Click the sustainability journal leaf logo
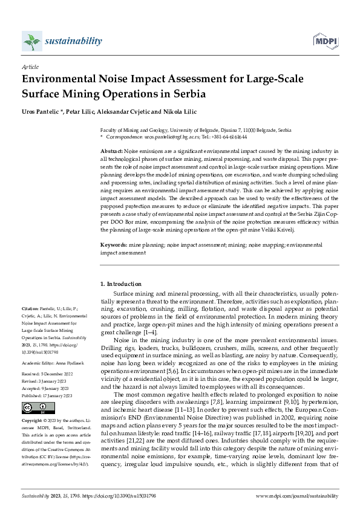(x=31, y=41)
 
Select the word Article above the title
(x=30, y=67)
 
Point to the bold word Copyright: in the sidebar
(x=33, y=420)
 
